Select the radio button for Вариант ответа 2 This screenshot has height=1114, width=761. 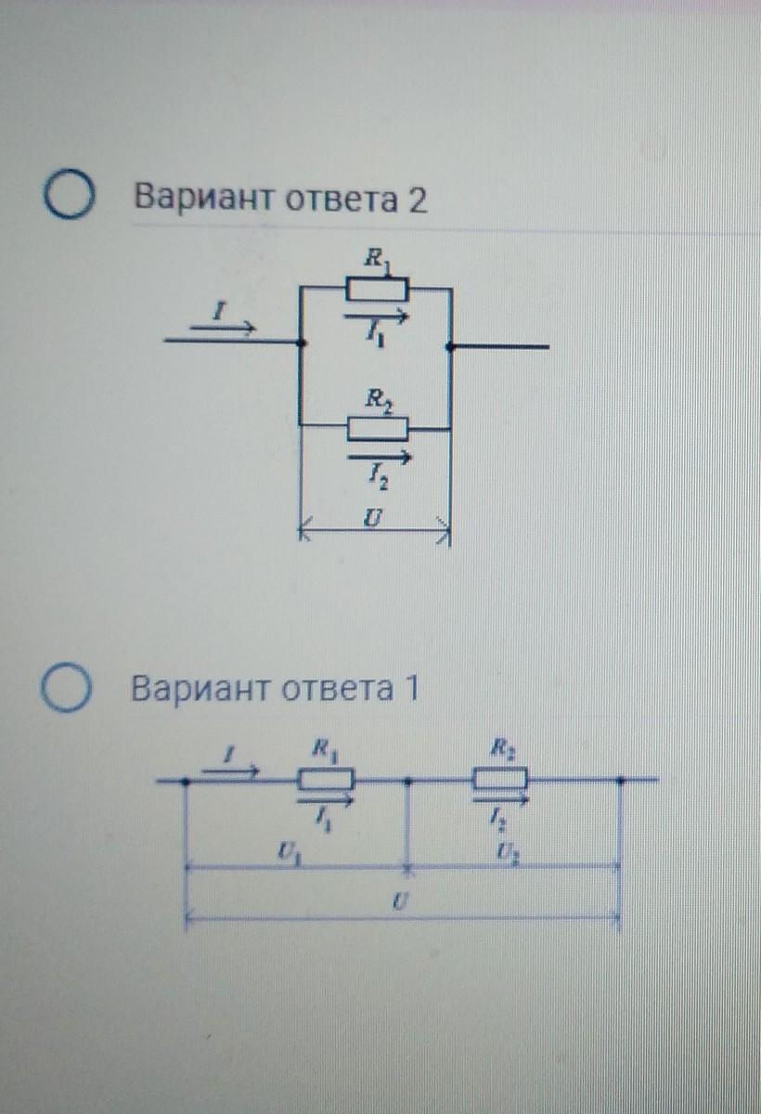point(70,200)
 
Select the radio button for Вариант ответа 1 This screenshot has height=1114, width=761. point(70,691)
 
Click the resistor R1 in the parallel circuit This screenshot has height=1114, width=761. point(376,290)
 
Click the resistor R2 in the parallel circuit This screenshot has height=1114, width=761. point(377,428)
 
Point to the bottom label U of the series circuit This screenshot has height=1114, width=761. point(396,902)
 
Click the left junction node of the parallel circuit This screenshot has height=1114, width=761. point(300,343)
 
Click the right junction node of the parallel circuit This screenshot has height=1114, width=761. point(449,346)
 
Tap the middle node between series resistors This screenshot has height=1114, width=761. point(408,781)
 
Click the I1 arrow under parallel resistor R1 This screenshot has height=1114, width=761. point(376,317)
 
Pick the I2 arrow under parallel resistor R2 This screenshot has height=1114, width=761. point(379,457)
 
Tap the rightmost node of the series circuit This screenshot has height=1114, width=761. point(621,781)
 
